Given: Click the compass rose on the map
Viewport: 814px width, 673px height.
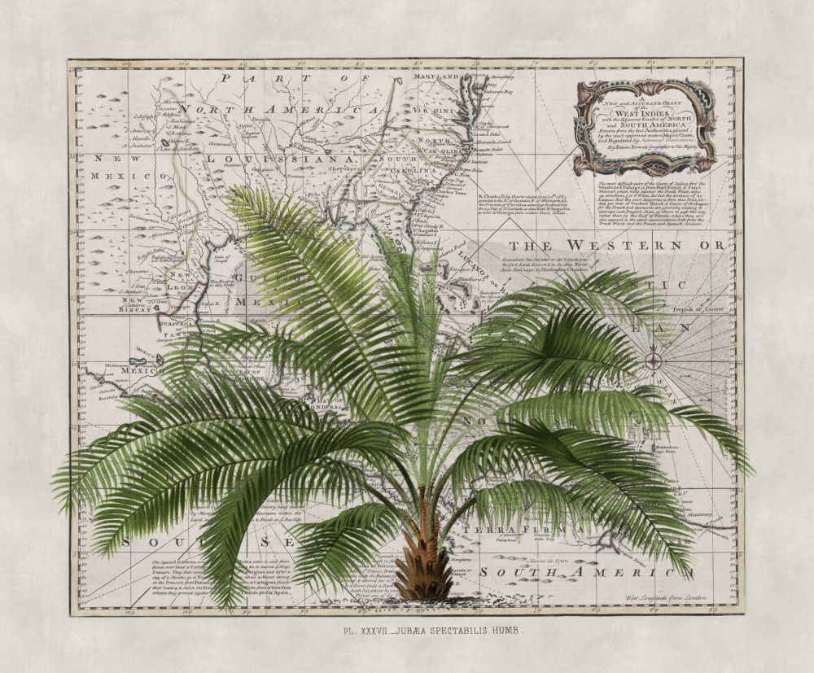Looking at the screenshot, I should [x=654, y=359].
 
